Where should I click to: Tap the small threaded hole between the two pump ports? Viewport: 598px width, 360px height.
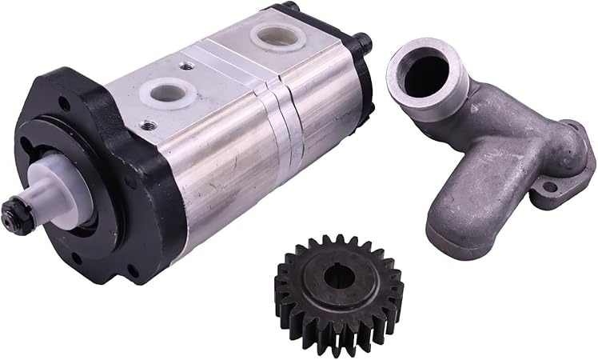[x=185, y=66]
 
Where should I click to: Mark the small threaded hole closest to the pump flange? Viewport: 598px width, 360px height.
[x=147, y=125]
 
